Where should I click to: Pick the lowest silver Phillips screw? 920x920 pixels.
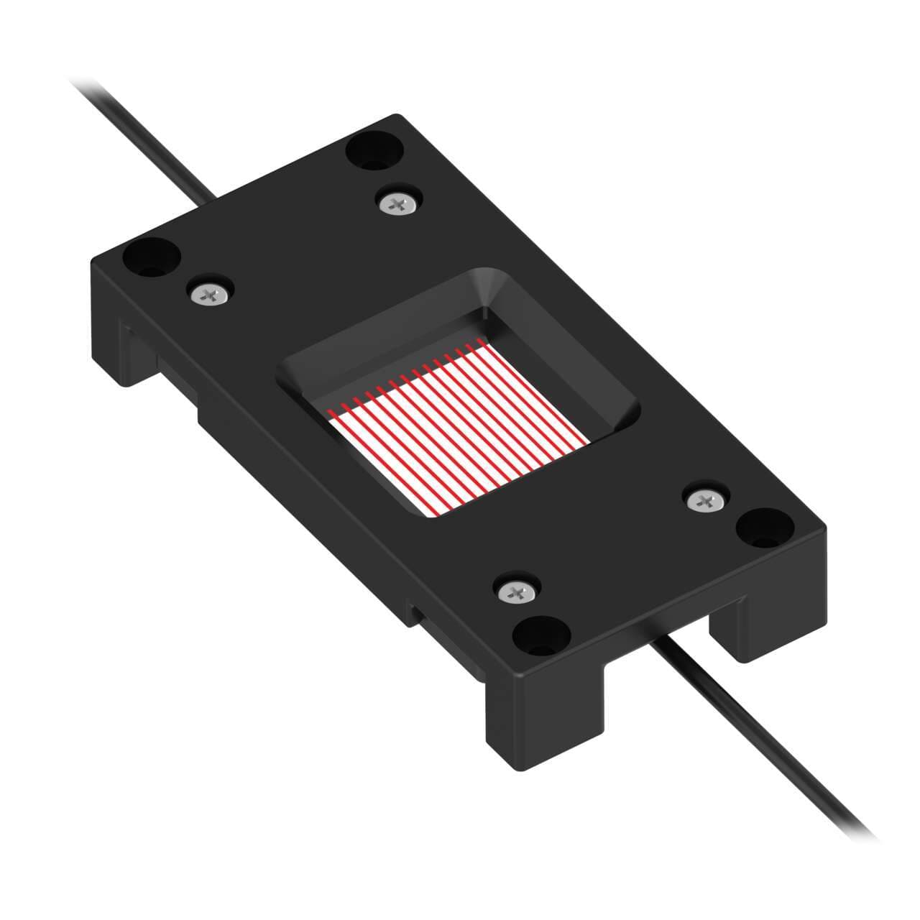pyautogui.click(x=517, y=592)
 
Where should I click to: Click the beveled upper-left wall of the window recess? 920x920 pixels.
pyautogui.click(x=374, y=316)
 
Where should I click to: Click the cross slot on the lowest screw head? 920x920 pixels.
pyautogui.click(x=517, y=592)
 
